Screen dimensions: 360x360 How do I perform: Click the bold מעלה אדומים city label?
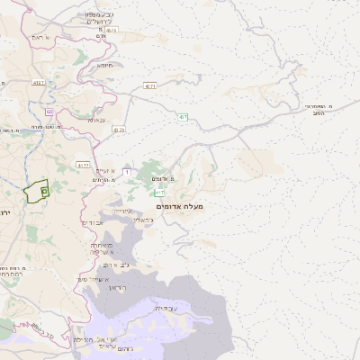click(x=180, y=207)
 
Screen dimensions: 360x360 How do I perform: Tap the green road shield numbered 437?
click(x=184, y=117)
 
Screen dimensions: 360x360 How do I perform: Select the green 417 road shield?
click(x=159, y=193)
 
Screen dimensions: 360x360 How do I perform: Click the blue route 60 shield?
click(x=49, y=112)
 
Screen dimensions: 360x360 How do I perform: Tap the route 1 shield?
click(x=127, y=171)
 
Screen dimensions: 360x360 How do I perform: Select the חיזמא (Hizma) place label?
click(x=105, y=64)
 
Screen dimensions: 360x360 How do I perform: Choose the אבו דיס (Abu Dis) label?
click(x=93, y=222)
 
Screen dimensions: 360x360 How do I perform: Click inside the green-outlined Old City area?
click(x=36, y=192)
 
